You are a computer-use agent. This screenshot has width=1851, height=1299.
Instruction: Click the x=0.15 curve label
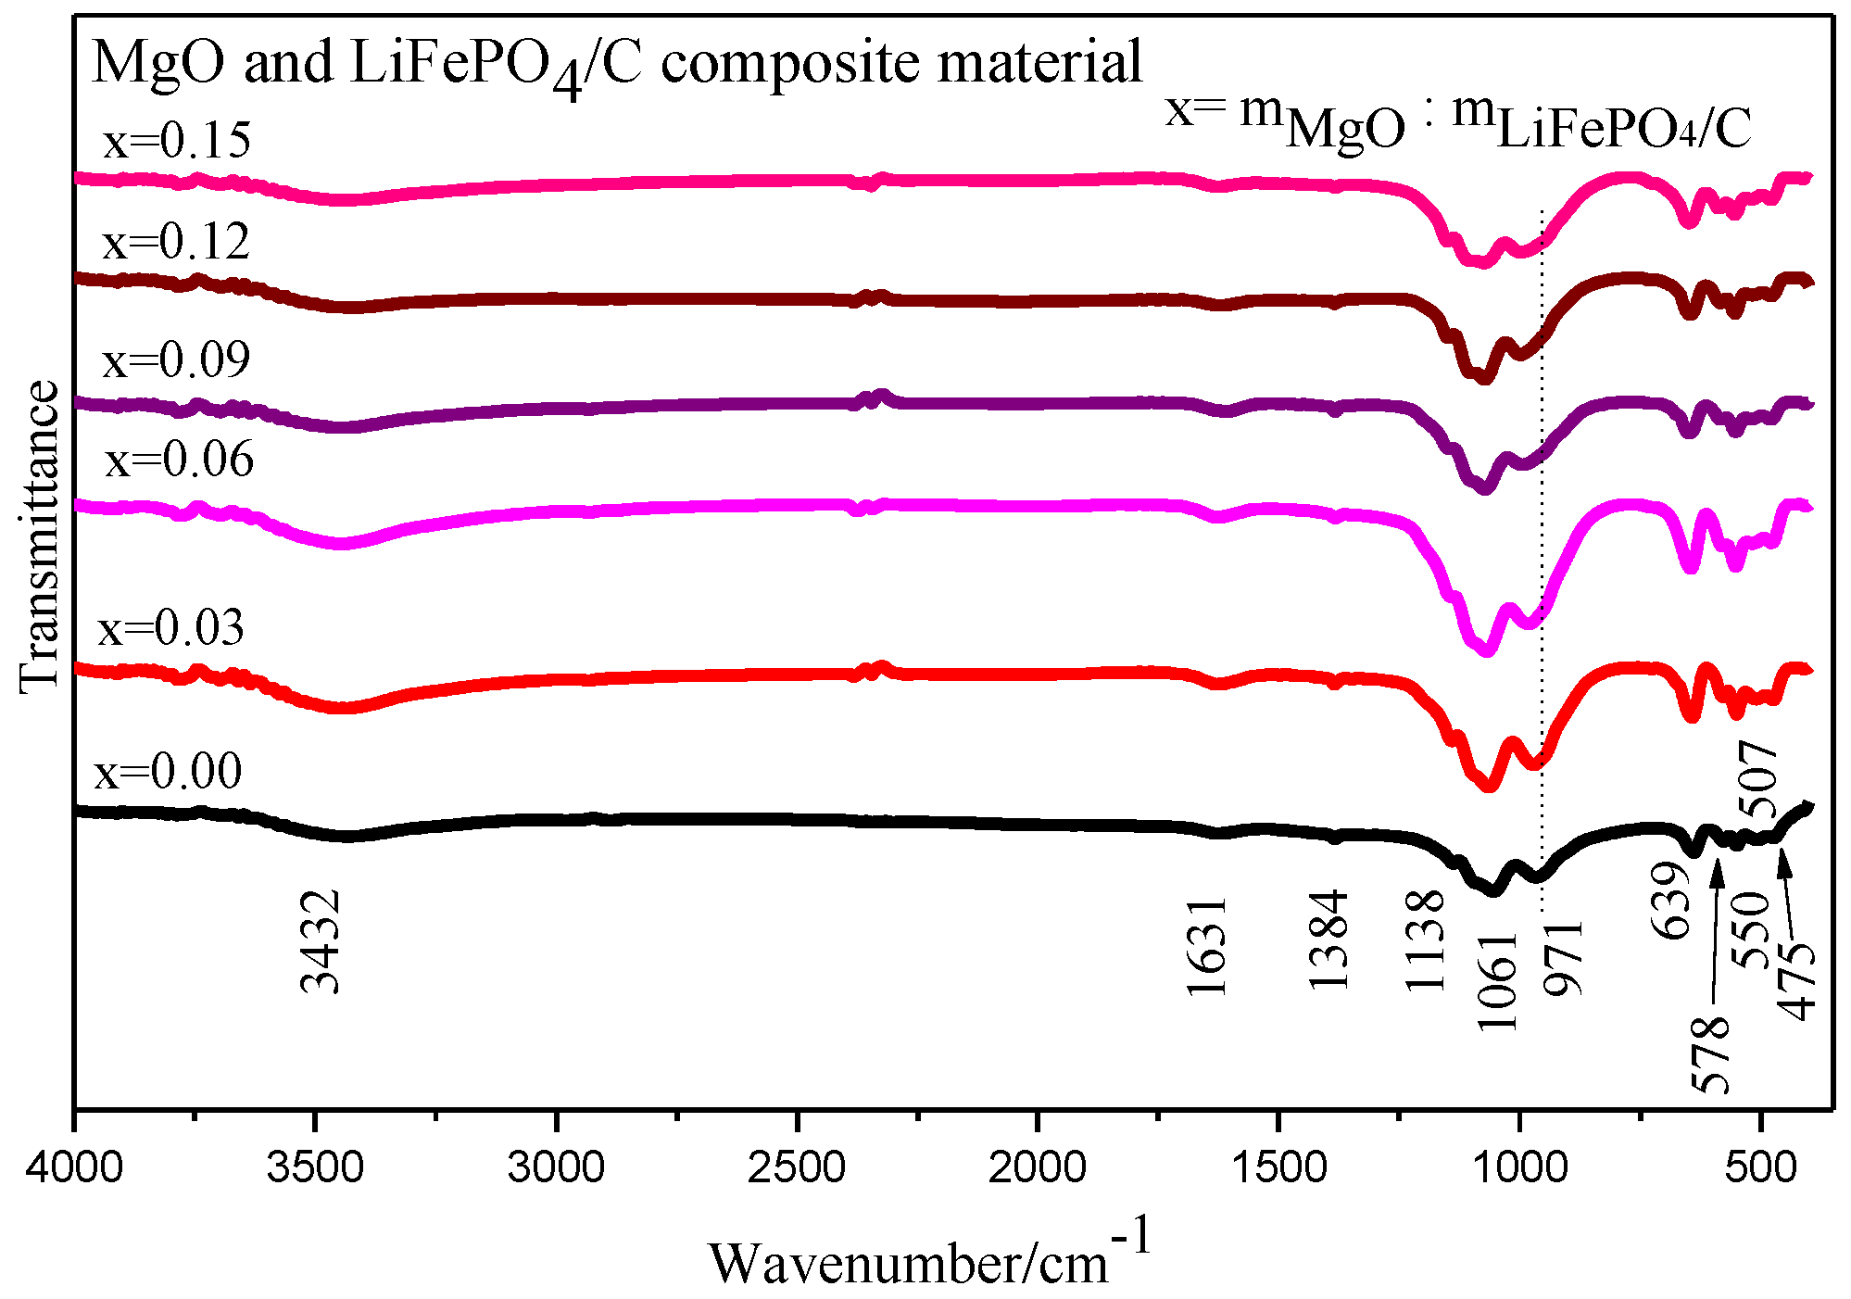(176, 142)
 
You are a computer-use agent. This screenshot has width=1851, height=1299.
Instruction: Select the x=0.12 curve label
(176, 243)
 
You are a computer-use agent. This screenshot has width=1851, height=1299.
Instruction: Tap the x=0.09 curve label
(176, 359)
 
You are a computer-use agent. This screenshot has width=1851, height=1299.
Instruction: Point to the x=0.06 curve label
(179, 460)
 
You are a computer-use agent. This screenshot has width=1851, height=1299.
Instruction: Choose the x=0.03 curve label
(171, 629)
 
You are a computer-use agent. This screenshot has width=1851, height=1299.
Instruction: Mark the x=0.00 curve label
(168, 772)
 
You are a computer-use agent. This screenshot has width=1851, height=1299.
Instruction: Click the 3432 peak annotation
(321, 942)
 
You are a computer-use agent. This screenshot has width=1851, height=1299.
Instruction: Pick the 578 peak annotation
(1710, 1054)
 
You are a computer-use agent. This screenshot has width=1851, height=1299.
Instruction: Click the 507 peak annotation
(1759, 779)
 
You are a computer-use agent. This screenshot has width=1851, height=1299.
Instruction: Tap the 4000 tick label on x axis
(74, 1167)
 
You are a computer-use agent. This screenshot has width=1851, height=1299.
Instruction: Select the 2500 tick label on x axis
(797, 1167)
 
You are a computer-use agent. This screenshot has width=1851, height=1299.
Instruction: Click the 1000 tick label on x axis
(1519, 1167)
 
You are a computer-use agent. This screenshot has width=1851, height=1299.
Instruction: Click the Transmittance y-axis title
(39, 537)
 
